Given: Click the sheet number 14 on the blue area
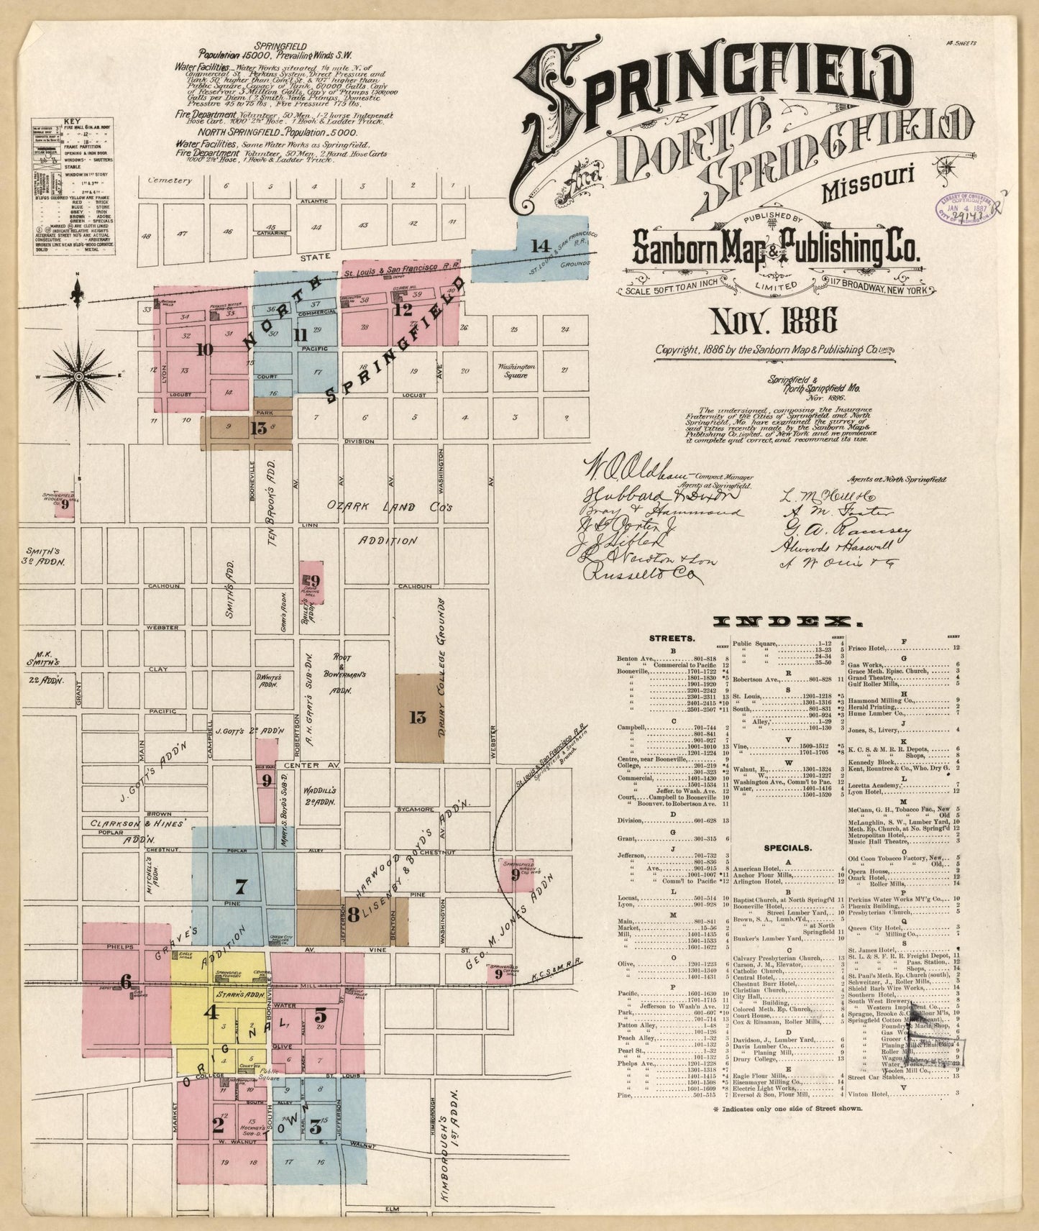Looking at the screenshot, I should pos(539,246).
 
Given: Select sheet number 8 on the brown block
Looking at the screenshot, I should pos(353,915).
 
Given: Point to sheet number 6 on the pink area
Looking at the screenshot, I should pos(127,980).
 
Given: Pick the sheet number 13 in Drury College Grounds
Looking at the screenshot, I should pos(418,717).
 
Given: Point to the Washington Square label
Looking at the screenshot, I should pos(516,370).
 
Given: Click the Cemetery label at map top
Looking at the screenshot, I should pos(170,181).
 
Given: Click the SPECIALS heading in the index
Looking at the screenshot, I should pos(788,848).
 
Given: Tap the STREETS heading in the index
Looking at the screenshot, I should pos(671,638).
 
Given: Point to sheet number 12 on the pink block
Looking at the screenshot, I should pos(403,310).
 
